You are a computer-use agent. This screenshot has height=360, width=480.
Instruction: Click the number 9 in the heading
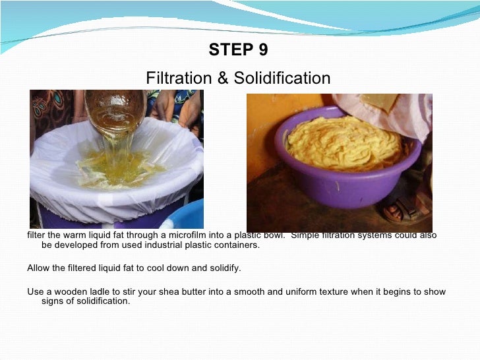coord(263,50)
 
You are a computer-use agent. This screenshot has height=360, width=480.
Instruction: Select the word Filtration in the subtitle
coord(177,78)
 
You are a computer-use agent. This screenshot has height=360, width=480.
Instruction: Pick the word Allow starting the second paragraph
coord(38,268)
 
